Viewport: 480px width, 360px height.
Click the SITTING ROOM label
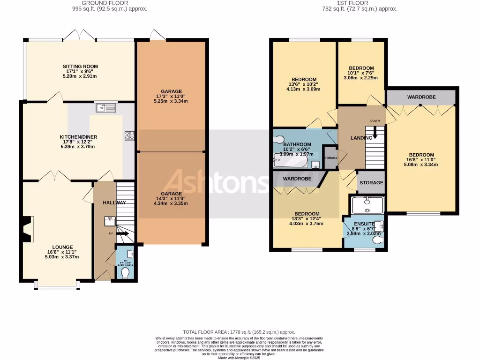tap(81, 67)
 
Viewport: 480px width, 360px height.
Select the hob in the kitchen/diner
tap(129, 135)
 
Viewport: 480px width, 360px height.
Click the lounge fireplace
tap(28, 228)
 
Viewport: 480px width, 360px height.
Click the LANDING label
tap(362, 138)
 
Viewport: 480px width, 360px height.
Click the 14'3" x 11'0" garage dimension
tap(171, 199)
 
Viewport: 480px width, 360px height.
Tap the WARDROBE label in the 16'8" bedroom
tap(421, 97)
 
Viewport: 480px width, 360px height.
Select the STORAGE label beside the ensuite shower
tap(371, 183)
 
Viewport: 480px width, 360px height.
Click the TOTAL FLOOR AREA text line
tap(239, 332)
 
